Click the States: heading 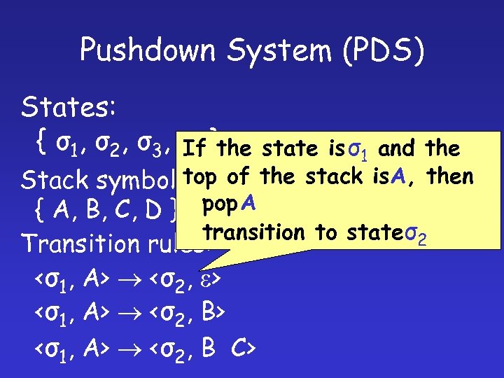(62, 108)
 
